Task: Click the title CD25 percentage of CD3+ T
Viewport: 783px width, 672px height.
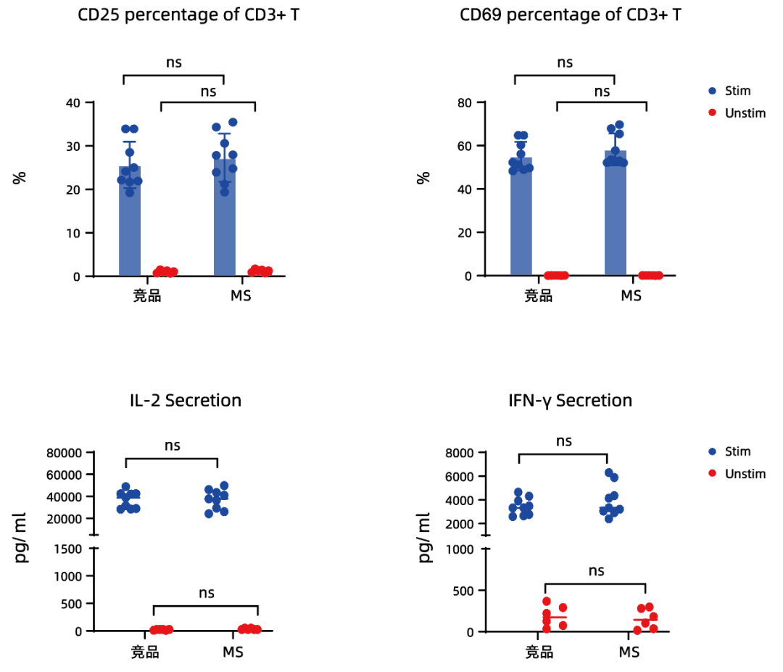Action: click(188, 15)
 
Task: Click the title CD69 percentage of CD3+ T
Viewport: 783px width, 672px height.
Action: click(571, 15)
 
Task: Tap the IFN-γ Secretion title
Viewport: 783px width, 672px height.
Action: click(571, 400)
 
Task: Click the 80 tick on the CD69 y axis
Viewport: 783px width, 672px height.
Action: click(464, 102)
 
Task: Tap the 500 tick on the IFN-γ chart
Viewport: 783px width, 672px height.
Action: click(464, 591)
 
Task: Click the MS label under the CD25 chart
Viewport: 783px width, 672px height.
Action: click(240, 296)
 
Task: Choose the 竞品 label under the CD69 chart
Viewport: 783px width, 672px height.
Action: click(538, 296)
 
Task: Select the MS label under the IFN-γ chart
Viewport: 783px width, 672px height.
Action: click(629, 652)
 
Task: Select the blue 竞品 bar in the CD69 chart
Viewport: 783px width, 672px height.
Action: click(521, 225)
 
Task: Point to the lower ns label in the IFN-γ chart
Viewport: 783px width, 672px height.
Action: click(595, 570)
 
